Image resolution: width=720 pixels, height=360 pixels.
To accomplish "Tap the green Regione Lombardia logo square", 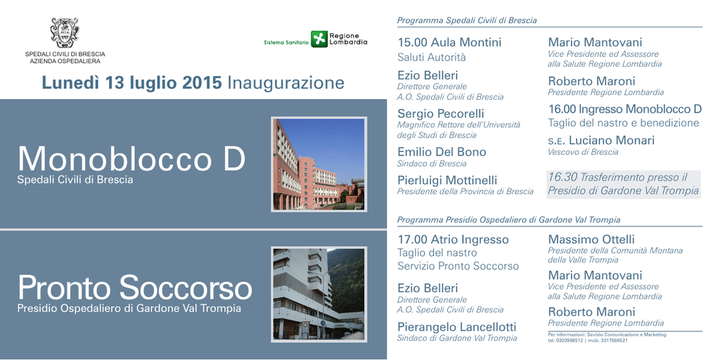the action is click(x=319, y=39).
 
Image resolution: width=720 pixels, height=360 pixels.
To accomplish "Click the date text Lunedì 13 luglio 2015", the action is click(x=132, y=83).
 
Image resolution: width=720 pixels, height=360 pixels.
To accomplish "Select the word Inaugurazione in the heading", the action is click(x=285, y=83).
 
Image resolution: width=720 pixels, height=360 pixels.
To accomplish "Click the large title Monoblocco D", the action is click(x=131, y=159).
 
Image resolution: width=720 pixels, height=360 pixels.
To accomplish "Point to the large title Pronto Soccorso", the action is click(x=134, y=288).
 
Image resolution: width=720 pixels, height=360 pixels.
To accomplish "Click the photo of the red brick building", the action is click(x=319, y=164).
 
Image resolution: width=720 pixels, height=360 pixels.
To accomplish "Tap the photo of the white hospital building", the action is click(x=319, y=295).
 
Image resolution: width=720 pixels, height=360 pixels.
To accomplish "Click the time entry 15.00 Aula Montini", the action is click(x=449, y=43).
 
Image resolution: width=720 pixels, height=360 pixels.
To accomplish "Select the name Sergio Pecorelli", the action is click(x=441, y=113).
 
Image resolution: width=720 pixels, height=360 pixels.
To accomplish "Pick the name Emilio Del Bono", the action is click(x=442, y=152).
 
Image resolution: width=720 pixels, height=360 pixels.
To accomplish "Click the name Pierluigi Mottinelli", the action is click(x=447, y=180).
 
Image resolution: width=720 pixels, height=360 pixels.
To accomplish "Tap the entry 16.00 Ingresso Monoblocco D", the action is click(x=625, y=109).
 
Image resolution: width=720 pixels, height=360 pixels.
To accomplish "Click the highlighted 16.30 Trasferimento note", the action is click(x=624, y=184).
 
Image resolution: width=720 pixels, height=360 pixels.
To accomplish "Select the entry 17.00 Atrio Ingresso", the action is click(x=454, y=240).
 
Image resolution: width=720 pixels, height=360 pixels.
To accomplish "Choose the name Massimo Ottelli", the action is click(x=591, y=239).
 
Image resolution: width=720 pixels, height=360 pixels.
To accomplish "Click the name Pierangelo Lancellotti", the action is click(x=457, y=327).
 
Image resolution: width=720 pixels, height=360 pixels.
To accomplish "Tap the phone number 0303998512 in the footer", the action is click(x=569, y=340).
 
